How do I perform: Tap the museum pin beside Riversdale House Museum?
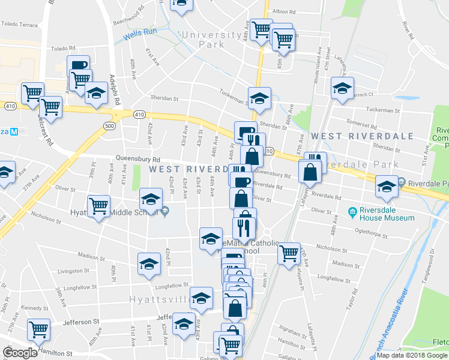click(352, 212)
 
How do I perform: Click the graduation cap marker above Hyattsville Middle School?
click(150, 199)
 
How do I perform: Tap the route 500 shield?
click(109, 126)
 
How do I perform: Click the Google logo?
click(20, 353)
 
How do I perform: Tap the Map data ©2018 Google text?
click(412, 355)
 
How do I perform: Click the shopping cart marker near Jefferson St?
click(38, 329)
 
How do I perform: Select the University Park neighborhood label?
click(204, 40)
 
